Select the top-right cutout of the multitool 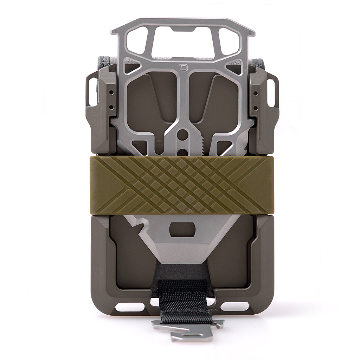pyautogui.click(x=229, y=41)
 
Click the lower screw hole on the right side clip pyautogui.click(x=256, y=106)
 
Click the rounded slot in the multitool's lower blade pyautogui.click(x=182, y=230)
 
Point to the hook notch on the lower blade pyautogui.click(x=143, y=225)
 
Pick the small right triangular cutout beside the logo pyautogui.click(x=233, y=65)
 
